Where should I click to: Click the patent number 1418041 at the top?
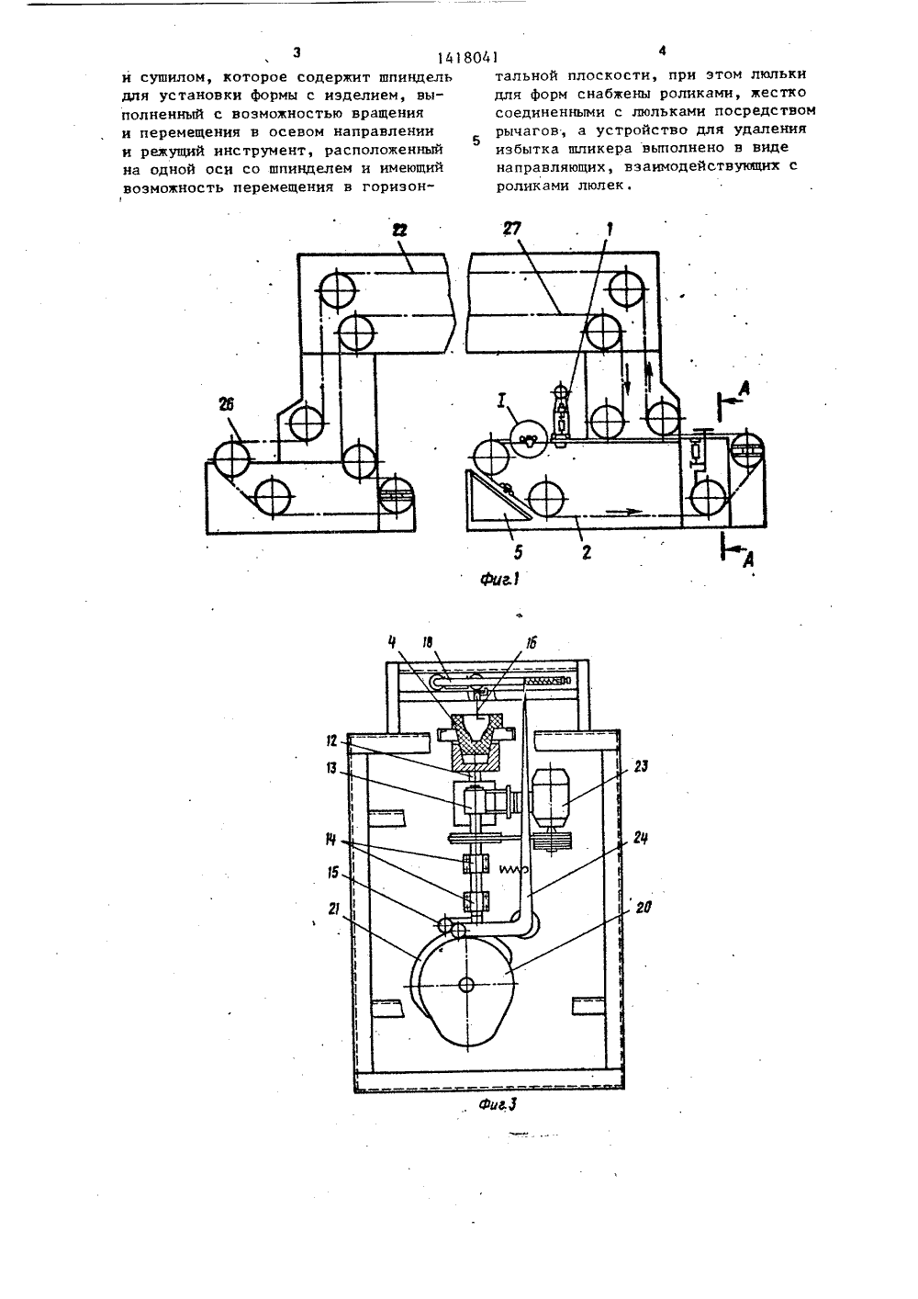click(x=467, y=57)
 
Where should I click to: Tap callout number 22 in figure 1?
click(x=399, y=231)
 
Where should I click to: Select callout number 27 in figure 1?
click(x=512, y=229)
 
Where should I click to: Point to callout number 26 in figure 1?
click(x=226, y=405)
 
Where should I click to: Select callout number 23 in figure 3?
click(x=641, y=766)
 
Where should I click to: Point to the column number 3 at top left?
click(x=297, y=52)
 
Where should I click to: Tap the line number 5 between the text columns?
click(x=476, y=141)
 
